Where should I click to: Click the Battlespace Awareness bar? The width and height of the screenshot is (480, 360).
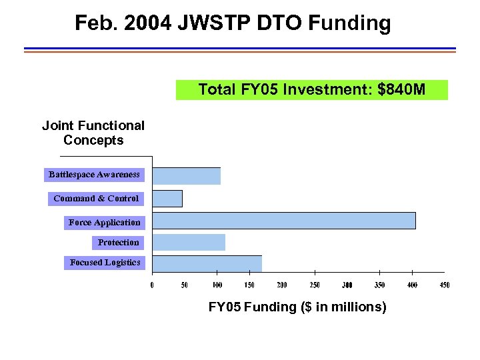[x=187, y=176]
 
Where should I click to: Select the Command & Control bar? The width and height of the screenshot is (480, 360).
[x=167, y=199]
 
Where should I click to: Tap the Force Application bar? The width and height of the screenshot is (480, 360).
[x=284, y=221]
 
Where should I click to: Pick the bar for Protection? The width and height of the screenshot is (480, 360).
[x=189, y=242]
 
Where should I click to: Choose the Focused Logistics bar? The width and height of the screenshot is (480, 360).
[x=207, y=263]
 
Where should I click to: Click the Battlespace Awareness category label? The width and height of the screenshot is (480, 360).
[x=94, y=175]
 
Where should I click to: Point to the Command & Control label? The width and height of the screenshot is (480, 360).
[x=96, y=199]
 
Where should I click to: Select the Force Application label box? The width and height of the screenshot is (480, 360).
[x=104, y=223]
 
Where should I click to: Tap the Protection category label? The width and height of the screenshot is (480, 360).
[x=118, y=243]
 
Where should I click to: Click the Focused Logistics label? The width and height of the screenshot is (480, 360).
[x=105, y=263]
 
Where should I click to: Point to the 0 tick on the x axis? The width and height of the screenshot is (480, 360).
[x=152, y=285]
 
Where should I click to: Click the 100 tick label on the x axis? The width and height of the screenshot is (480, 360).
[x=217, y=285]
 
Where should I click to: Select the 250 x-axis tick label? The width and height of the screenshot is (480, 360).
[x=315, y=285]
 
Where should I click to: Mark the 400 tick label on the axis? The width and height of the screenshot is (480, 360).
[x=412, y=285]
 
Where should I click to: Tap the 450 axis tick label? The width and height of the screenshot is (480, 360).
[x=445, y=285]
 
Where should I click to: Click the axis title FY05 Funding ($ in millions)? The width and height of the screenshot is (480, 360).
[x=297, y=307]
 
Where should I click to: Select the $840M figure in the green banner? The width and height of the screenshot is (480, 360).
[x=401, y=90]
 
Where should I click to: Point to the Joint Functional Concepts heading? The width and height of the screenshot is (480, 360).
[x=93, y=133]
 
